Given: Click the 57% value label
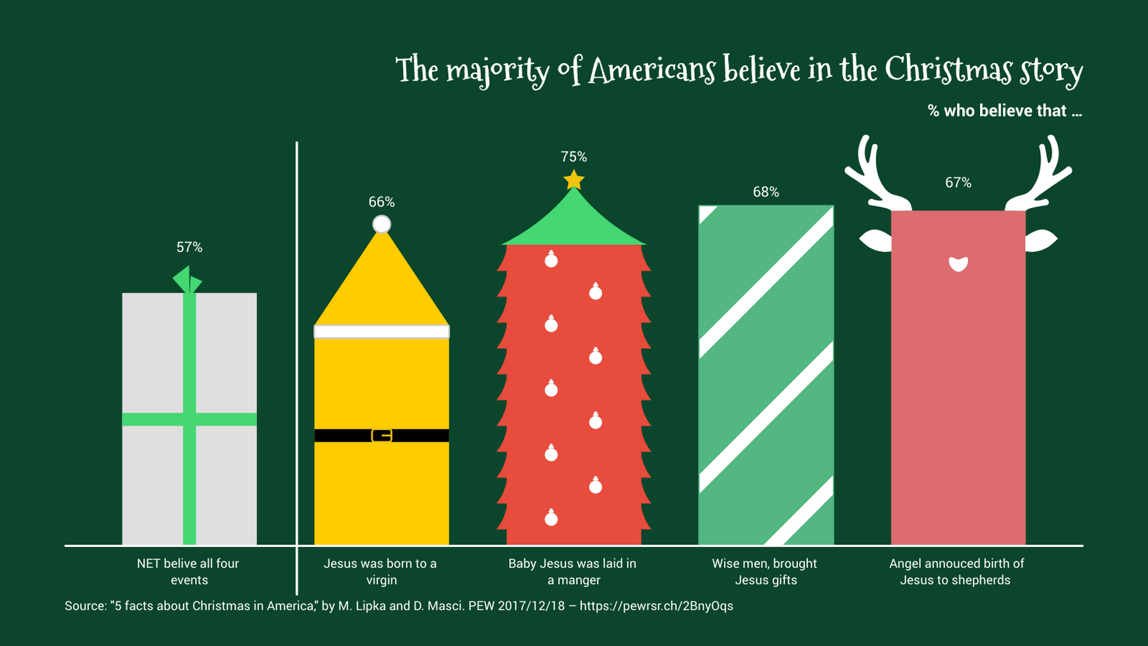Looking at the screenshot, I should pos(189,247).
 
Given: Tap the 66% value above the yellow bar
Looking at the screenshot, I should pos(382,202).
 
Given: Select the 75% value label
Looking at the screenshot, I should pos(574,157).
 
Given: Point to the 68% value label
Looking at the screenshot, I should pos(766,192).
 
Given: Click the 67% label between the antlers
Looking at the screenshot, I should pos(958,182).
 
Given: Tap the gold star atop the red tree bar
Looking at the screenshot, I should pos(574,180).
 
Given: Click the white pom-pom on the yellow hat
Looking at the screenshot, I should pos(382,224).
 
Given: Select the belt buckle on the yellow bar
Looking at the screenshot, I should pos(382,436).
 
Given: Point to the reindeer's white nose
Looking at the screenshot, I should pos(958,264).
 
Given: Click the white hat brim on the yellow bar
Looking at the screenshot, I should pos(382,332).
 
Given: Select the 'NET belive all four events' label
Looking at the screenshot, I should pos(188,572).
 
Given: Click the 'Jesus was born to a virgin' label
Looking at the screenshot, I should pos(381,572).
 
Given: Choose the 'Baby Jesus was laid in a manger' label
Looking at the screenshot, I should pos(573,572).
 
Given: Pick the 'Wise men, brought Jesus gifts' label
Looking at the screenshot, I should pos(765,572).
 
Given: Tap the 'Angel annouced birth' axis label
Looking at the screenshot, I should pos(956,572).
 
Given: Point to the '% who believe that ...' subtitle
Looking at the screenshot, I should pos(1005,111).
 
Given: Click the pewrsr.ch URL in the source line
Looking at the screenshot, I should pos(656,606).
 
